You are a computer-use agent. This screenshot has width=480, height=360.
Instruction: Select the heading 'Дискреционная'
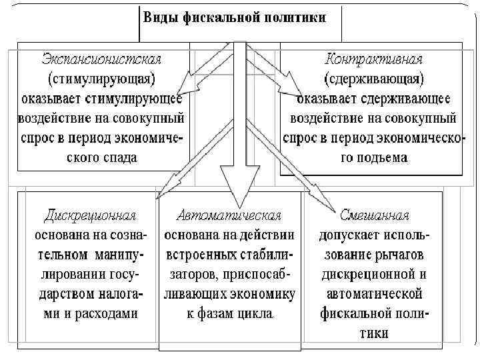[91, 216]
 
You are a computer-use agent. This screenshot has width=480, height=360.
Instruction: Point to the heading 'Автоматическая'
[229, 216]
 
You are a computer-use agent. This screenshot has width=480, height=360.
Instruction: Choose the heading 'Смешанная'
[373, 216]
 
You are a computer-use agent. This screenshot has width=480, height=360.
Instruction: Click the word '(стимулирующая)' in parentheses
[101, 79]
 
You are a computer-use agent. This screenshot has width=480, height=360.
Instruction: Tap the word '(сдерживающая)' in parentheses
[373, 79]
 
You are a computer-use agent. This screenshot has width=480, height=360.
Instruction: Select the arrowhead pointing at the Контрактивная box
[293, 91]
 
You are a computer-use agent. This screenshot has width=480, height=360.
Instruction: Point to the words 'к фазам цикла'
[229, 314]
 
